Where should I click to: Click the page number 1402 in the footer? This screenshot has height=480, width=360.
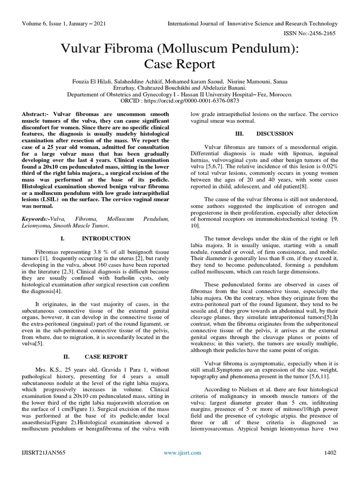click(x=330, y=452)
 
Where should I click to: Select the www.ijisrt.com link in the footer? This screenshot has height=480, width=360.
click(x=182, y=452)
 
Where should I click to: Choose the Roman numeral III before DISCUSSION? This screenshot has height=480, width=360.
click(x=240, y=134)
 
